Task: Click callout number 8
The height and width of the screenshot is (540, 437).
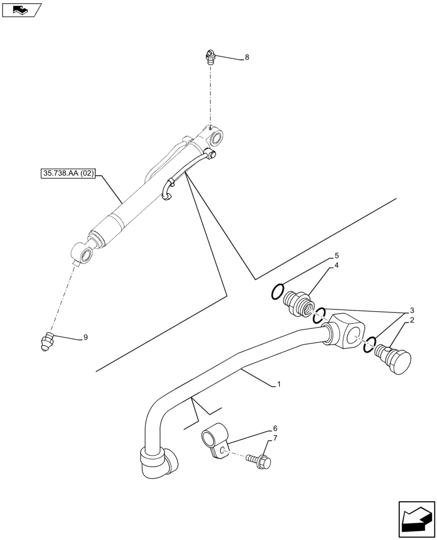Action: [x=247, y=57]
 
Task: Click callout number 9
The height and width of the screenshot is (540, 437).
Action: [x=85, y=337]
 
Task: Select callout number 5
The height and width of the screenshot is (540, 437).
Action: [x=336, y=255]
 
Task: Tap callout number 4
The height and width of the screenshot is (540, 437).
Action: [x=336, y=265]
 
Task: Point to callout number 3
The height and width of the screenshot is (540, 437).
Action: [x=412, y=310]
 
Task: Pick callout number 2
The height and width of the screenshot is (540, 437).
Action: [x=412, y=320]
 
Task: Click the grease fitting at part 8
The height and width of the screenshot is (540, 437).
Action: [x=210, y=56]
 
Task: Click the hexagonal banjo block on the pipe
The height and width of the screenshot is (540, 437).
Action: [x=346, y=333]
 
